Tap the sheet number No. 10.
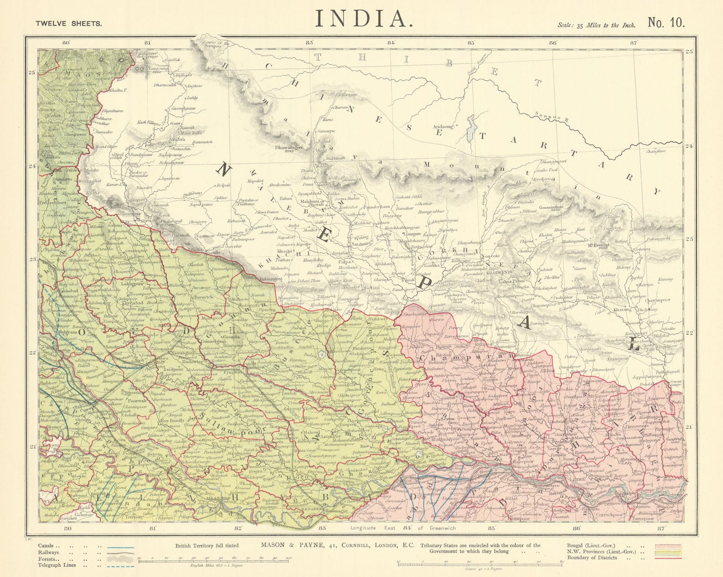667,23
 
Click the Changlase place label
656,152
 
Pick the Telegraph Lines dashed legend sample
121,565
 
